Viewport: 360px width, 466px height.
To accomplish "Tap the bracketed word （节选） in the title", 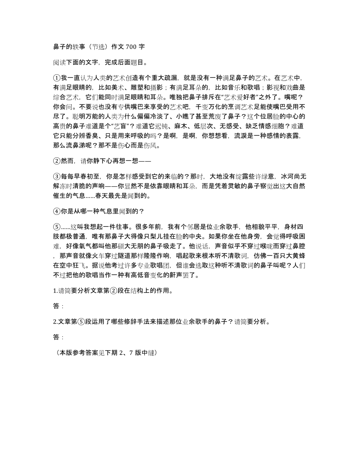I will click(88, 46).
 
